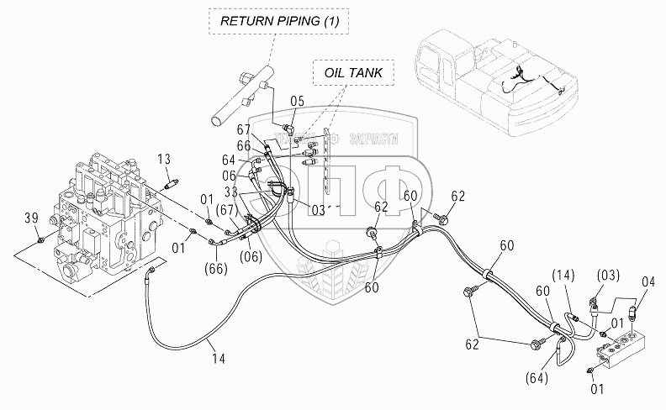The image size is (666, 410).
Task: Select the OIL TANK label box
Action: click(x=353, y=73)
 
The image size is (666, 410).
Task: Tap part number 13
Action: click(x=165, y=160)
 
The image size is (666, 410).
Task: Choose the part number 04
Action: click(x=647, y=281)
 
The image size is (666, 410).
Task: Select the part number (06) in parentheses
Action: click(x=250, y=257)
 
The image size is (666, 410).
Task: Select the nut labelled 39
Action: click(x=40, y=243)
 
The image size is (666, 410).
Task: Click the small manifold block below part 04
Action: click(x=623, y=344)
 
